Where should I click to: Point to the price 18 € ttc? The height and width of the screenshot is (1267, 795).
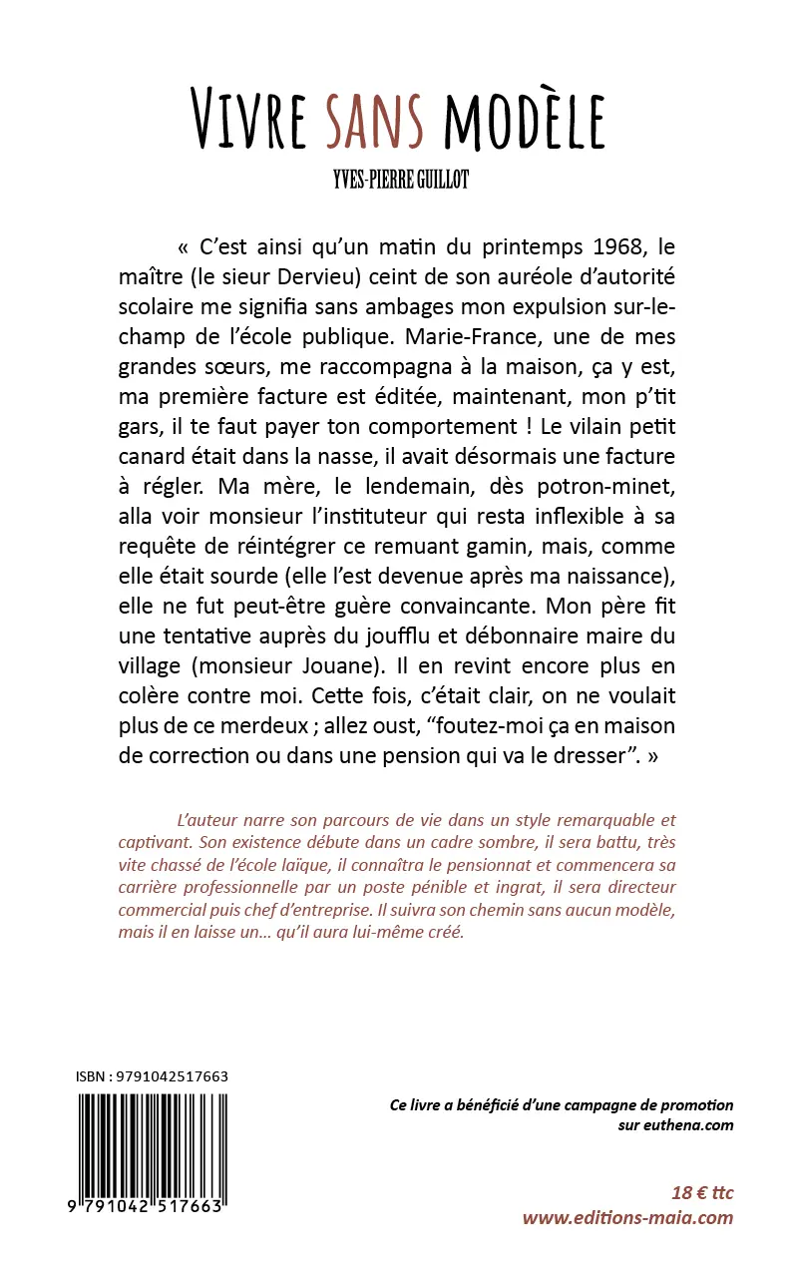tap(702, 1193)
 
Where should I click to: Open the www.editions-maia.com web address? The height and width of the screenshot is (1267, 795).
tap(627, 1218)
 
